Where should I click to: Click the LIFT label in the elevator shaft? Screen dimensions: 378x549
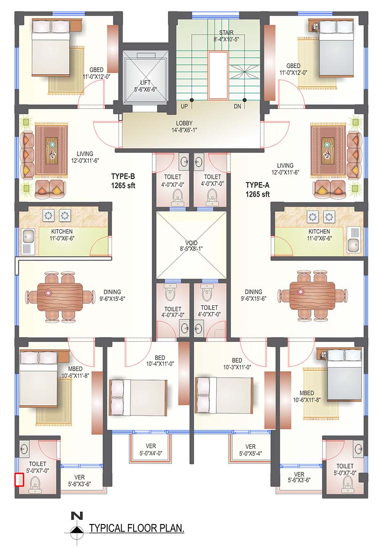pyautogui.click(x=145, y=83)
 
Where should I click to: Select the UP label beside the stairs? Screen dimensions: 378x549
pyautogui.click(x=184, y=106)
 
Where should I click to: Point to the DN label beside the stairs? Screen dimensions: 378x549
pyautogui.click(x=237, y=106)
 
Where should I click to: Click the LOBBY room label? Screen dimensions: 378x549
pyautogui.click(x=184, y=123)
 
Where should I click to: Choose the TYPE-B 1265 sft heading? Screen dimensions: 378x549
pyautogui.click(x=123, y=181)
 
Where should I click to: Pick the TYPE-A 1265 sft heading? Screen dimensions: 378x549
pyautogui.click(x=258, y=190)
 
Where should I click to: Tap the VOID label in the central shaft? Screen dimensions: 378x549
pyautogui.click(x=191, y=243)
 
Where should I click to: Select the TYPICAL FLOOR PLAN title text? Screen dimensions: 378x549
pyautogui.click(x=137, y=528)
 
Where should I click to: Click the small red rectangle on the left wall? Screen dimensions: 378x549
pyautogui.click(x=19, y=480)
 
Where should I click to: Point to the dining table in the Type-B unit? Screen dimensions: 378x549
pyautogui.click(x=60, y=296)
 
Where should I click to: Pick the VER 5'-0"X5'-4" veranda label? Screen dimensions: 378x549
pyautogui.click(x=251, y=450)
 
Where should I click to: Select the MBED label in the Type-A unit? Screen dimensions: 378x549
pyautogui.click(x=307, y=393)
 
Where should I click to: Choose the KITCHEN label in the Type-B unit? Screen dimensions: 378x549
pyautogui.click(x=62, y=231)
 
